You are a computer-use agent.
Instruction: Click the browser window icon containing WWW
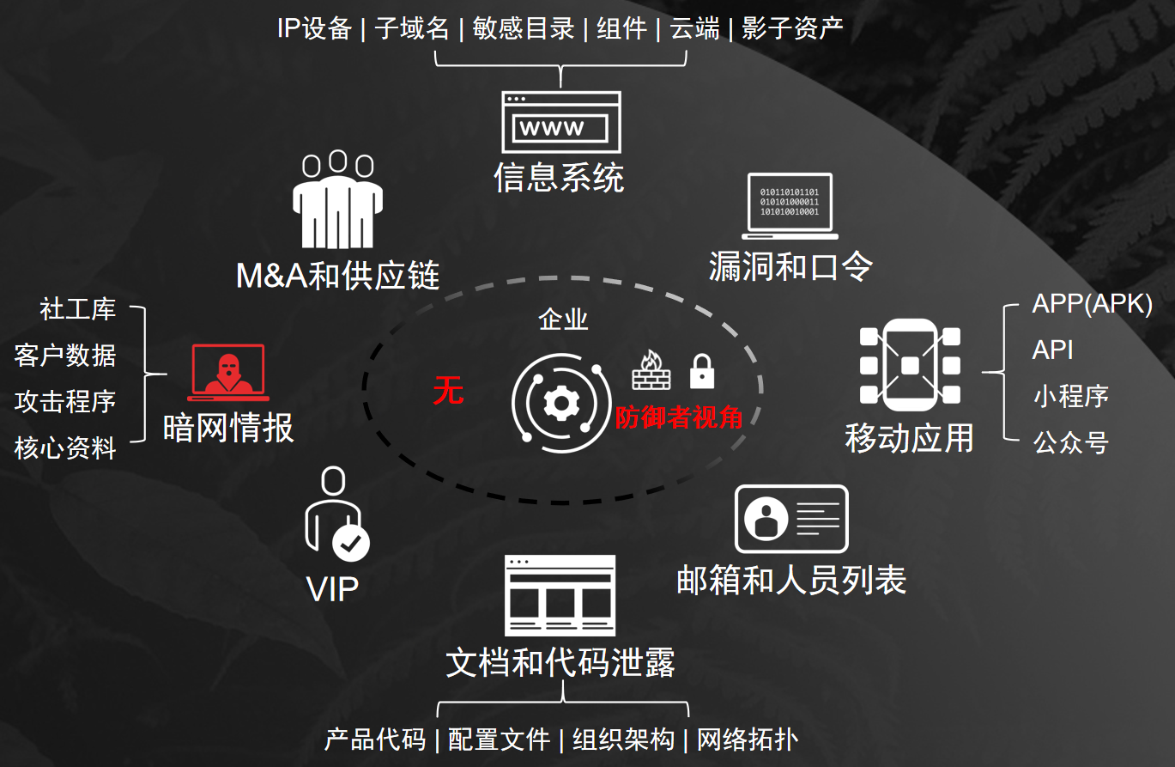pos(561,121)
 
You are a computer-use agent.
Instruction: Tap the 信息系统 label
pos(559,178)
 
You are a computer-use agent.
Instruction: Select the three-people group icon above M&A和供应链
pos(336,199)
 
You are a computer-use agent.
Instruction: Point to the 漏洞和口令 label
pos(790,266)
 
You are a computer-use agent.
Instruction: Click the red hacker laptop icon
pos(228,373)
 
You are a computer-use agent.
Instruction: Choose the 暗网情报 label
pos(228,427)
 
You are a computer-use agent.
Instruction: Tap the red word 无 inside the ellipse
pos(448,392)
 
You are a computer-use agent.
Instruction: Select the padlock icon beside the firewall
pos(702,371)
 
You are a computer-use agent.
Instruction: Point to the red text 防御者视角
pos(678,417)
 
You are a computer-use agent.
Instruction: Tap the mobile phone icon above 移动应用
pos(910,364)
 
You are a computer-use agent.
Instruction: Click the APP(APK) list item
pos(1092,304)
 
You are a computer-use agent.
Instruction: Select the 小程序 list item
pos(1070,396)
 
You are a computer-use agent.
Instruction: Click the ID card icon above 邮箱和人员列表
pos(791,519)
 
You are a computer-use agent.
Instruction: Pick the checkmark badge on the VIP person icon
pos(350,543)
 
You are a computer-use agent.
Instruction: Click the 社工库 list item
pos(77,309)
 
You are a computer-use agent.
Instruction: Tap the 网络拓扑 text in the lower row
pos(747,740)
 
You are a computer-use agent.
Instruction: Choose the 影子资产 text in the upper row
pos(792,28)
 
